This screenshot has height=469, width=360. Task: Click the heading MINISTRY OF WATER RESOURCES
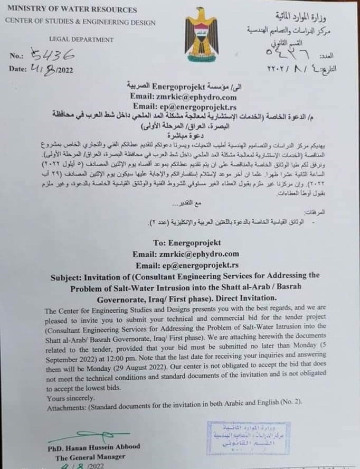coord(72,10)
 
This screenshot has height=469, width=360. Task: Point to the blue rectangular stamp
coord(248,438)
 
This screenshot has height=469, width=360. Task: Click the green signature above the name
coord(88,436)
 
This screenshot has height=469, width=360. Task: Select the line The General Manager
coord(90,457)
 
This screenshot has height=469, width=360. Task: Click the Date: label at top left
coord(18,69)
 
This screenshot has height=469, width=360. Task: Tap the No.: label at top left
coord(16,56)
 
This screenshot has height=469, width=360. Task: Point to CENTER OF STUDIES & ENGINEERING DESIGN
coord(80,22)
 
